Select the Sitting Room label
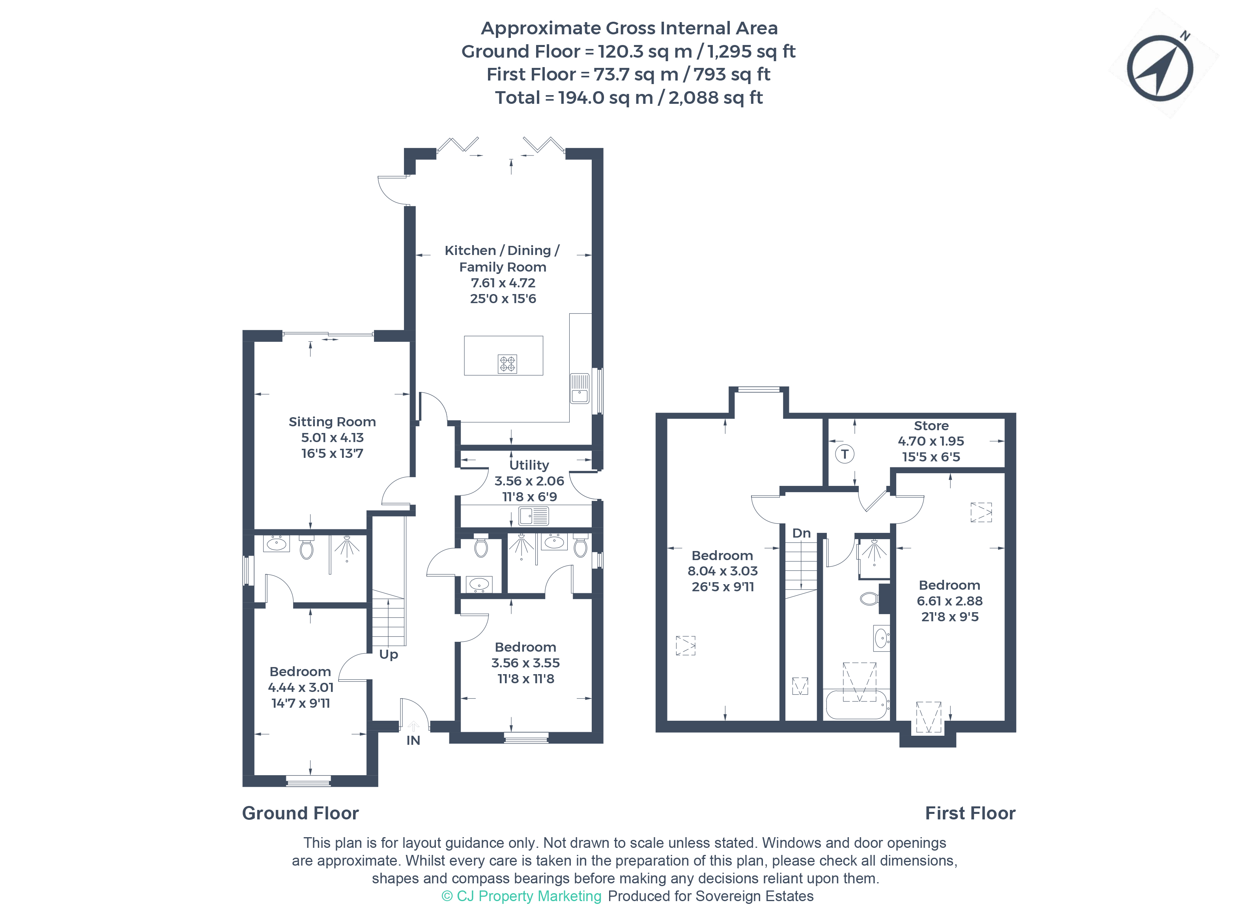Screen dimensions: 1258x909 pyautogui.click(x=332, y=422)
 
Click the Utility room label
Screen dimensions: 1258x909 pyautogui.click(x=529, y=465)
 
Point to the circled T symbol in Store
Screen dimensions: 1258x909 pyautogui.click(x=844, y=454)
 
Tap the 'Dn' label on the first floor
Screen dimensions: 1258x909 pyautogui.click(x=802, y=533)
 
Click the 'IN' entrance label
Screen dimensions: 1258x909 pyautogui.click(x=413, y=740)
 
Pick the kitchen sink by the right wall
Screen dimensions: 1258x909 pyautogui.click(x=579, y=388)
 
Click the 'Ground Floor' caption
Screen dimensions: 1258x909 pyautogui.click(x=300, y=813)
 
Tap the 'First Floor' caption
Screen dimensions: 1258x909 pyautogui.click(x=970, y=813)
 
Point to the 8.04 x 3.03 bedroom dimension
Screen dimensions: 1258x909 pyautogui.click(x=722, y=571)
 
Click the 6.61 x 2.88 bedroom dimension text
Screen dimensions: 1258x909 pyautogui.click(x=950, y=601)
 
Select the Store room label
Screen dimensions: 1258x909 pyautogui.click(x=931, y=425)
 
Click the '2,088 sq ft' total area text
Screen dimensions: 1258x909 pyautogui.click(x=716, y=97)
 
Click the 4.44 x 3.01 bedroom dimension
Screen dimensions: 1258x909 pyautogui.click(x=301, y=688)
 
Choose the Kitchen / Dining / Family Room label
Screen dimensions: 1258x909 pyautogui.click(x=503, y=259)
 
